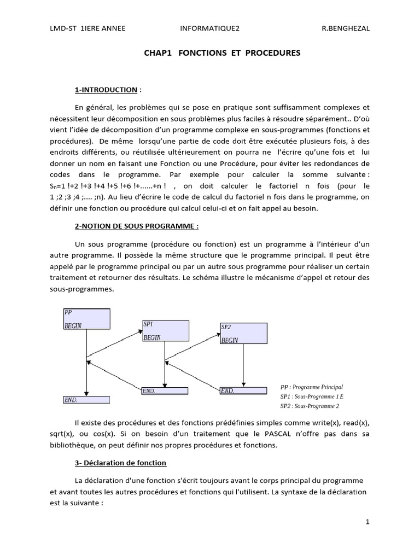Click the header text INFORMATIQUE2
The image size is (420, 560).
tap(206, 29)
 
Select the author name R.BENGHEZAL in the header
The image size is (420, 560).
tap(345, 29)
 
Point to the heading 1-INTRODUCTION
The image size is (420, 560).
tap(106, 90)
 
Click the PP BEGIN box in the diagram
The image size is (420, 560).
tap(86, 319)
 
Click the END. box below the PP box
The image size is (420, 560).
tap(86, 400)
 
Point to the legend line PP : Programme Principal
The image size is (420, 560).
tap(311, 386)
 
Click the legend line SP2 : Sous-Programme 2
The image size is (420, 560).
tap(310, 406)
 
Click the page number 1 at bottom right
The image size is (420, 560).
tap(368, 522)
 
